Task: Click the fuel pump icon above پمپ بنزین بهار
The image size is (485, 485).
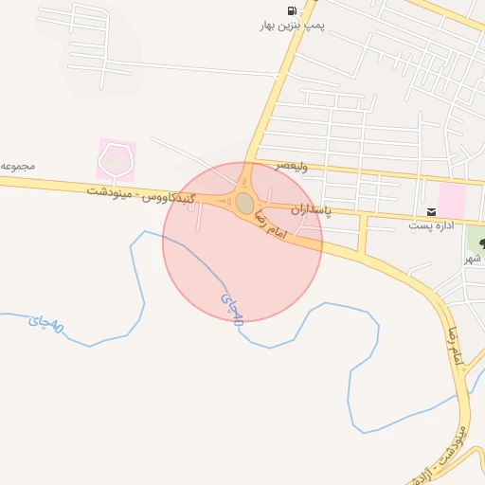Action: pyautogui.click(x=292, y=9)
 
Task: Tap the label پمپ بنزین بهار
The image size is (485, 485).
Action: pyautogui.click(x=292, y=26)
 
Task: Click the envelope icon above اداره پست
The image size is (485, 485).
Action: pyautogui.click(x=432, y=210)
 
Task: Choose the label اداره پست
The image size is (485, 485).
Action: pyautogui.click(x=432, y=225)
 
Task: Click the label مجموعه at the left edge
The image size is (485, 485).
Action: pyautogui.click(x=18, y=166)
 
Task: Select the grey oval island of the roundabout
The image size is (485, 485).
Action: pyautogui.click(x=245, y=203)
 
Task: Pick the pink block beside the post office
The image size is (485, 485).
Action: pyautogui.click(x=452, y=200)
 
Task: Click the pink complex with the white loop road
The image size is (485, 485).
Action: pyautogui.click(x=117, y=160)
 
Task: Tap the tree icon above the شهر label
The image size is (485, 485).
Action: pyautogui.click(x=480, y=243)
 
